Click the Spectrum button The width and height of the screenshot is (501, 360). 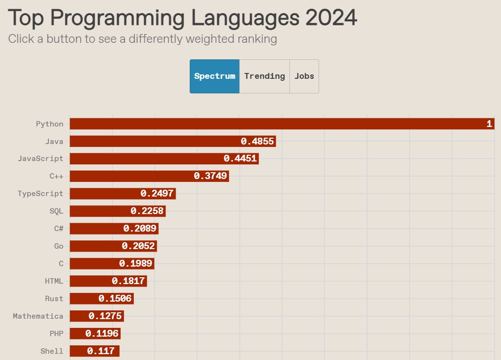pos(215,76)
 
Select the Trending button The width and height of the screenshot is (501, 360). pos(265,76)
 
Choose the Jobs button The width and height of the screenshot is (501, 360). pos(304,76)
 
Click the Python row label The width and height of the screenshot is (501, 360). pos(50,124)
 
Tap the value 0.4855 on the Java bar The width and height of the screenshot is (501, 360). pos(258,142)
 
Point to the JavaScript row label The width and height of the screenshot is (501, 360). pos(40,159)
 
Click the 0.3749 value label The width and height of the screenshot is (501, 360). pos(211,176)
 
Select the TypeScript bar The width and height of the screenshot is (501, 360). pos(123,194)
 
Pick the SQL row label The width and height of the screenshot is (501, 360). pos(56,211)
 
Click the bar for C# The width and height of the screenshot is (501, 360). pos(114,229)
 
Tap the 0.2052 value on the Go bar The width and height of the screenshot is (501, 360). pos(138,246)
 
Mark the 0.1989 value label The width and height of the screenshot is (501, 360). pos(136,264)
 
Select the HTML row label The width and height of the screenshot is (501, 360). pos(54,281)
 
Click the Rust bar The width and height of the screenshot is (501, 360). pos(101,299)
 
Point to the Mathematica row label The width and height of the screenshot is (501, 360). pos(38,316)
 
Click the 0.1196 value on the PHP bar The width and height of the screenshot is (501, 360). pos(102,334)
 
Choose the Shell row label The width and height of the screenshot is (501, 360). pos(52,351)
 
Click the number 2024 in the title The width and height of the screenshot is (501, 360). pos(331,18)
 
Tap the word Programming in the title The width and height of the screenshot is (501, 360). pos(117,18)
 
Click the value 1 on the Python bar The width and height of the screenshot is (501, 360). pos(489,124)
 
